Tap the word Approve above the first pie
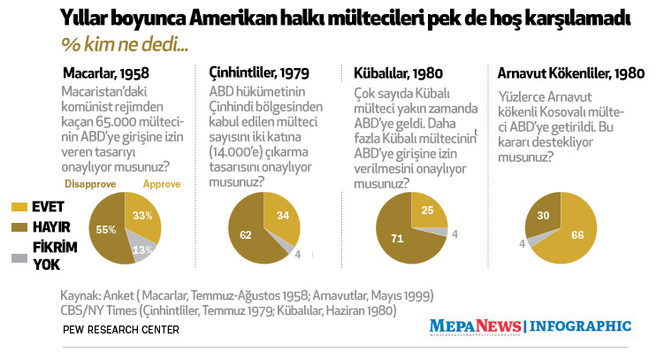(162, 184)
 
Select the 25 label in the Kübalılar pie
(428, 211)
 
